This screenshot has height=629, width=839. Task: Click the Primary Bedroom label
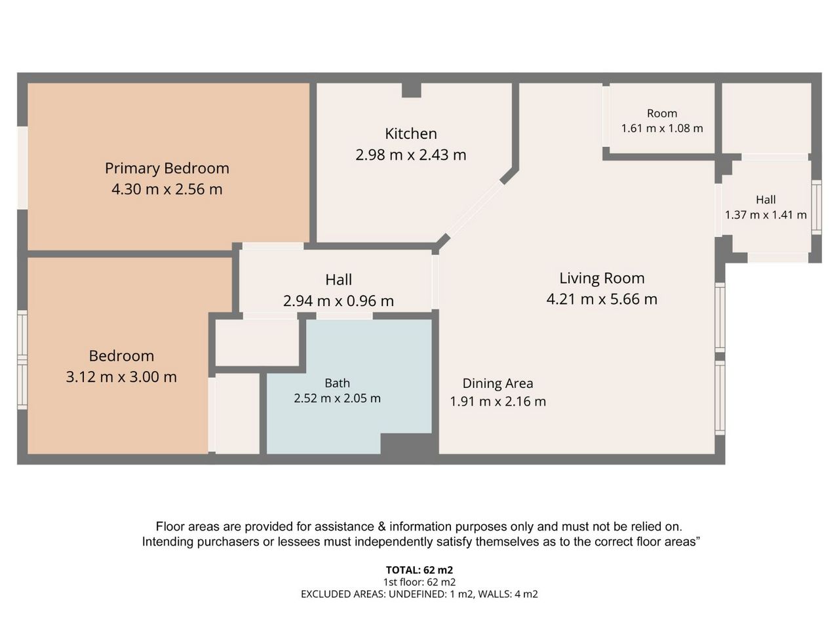[167, 168]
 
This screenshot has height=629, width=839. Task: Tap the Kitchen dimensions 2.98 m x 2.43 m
[411, 155]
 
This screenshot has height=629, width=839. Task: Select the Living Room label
[602, 278]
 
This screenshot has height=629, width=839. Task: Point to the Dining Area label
[498, 383]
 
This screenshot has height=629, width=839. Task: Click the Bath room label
[337, 383]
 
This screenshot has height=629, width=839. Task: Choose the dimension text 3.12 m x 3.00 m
[121, 377]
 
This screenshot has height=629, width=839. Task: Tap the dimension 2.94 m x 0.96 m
[338, 301]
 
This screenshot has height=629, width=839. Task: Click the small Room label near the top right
[662, 113]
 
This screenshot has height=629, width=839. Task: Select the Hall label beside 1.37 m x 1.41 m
[766, 200]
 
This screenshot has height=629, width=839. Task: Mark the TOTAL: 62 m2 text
[419, 570]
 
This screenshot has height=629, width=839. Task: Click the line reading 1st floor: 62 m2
[419, 582]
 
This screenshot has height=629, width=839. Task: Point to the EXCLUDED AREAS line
[419, 594]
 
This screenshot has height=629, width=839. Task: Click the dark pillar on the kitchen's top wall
[411, 90]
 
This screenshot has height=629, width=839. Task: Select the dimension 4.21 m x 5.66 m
[602, 299]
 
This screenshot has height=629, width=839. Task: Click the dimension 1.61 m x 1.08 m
[662, 128]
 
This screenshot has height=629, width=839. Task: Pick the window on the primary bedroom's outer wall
[22, 168]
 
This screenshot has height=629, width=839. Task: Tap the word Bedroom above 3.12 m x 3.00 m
[121, 356]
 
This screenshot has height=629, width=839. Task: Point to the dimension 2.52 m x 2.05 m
[337, 398]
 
